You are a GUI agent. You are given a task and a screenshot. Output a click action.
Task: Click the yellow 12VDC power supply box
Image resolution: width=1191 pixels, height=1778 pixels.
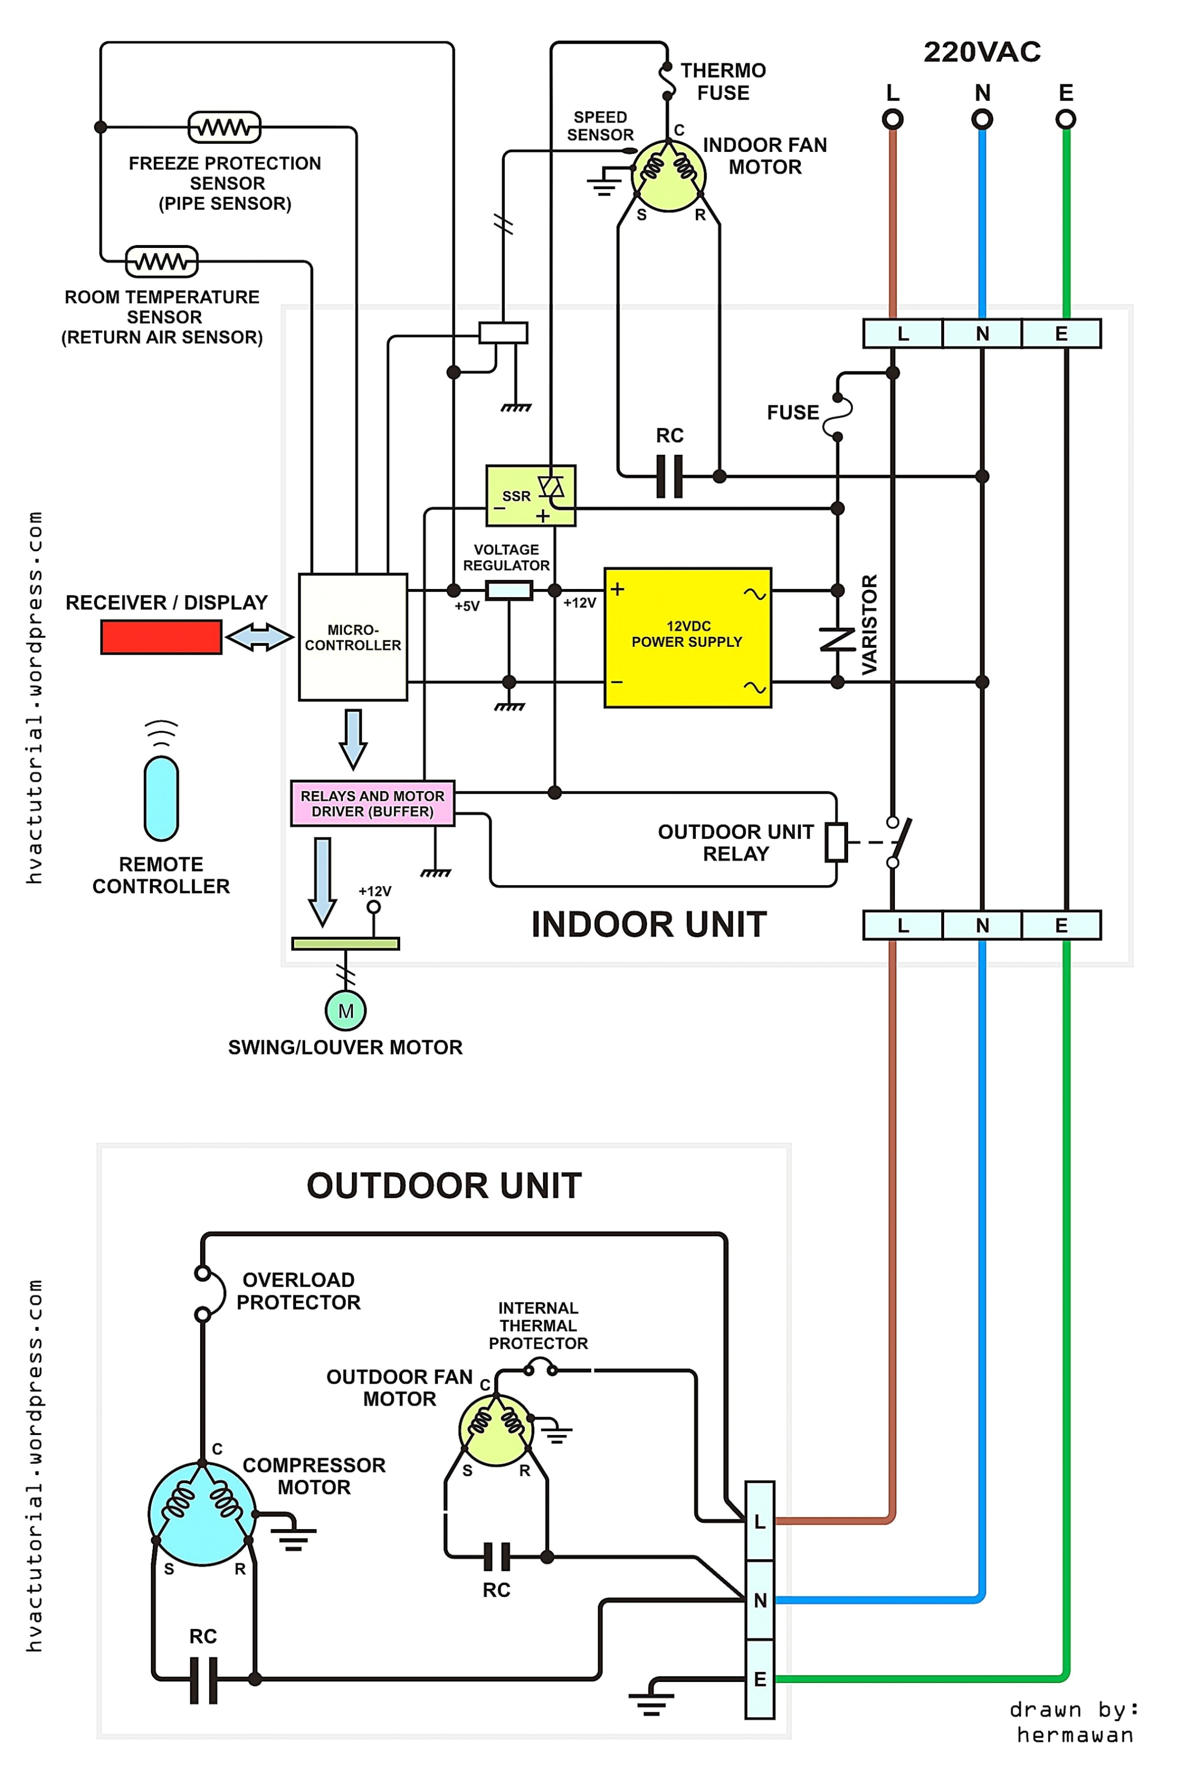coord(687,638)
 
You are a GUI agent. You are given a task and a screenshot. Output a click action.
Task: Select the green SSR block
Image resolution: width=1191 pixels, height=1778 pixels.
coord(530,495)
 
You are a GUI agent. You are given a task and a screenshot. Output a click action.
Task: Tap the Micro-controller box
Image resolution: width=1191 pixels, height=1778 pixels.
coord(352,637)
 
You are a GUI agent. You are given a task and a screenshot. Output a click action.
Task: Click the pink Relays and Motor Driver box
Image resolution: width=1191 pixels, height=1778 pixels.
coord(372,803)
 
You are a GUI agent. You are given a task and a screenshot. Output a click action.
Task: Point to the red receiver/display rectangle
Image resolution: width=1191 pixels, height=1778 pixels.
coord(161,637)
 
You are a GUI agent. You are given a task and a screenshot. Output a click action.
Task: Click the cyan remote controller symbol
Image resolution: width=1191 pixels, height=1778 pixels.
coord(161,798)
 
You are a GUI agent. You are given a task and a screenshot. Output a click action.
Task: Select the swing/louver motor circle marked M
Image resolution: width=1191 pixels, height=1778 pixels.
coord(345,1011)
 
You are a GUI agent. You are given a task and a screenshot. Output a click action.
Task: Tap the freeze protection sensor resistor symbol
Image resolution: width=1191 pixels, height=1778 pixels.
coord(224,127)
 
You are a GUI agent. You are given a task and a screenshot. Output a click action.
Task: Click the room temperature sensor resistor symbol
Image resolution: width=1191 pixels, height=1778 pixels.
coord(161,261)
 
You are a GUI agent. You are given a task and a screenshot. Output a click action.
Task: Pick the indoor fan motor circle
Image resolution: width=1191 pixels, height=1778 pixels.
coord(668,175)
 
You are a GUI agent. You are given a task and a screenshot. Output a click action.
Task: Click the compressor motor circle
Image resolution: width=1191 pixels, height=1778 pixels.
coord(202,1514)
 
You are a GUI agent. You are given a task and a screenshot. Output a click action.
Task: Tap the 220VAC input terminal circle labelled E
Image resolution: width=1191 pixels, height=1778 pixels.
coord(1066,119)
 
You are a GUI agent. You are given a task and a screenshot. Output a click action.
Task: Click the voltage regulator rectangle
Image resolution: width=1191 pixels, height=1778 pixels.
coord(508,590)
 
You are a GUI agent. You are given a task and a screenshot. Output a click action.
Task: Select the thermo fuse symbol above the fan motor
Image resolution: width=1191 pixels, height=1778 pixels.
coord(667,81)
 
